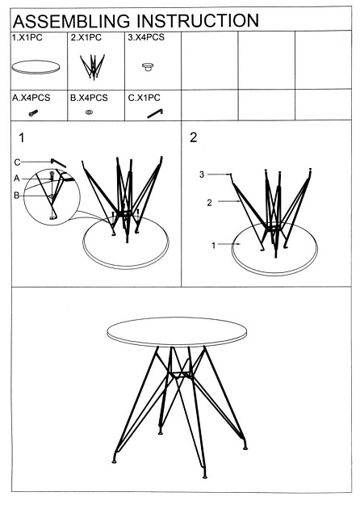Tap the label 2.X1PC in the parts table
86,38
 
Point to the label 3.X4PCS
147,38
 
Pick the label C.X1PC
146,98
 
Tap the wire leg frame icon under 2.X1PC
95,66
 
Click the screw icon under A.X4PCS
34,114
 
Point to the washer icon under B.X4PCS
88,114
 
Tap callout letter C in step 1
16,161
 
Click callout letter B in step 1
16,195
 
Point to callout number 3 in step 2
203,174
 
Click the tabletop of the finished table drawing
178,332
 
